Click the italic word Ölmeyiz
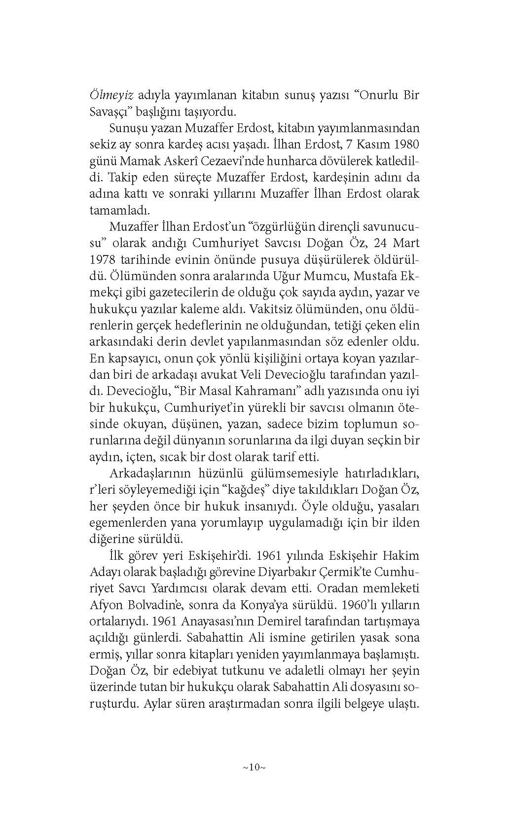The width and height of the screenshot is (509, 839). point(111,95)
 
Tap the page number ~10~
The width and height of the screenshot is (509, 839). point(254,767)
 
